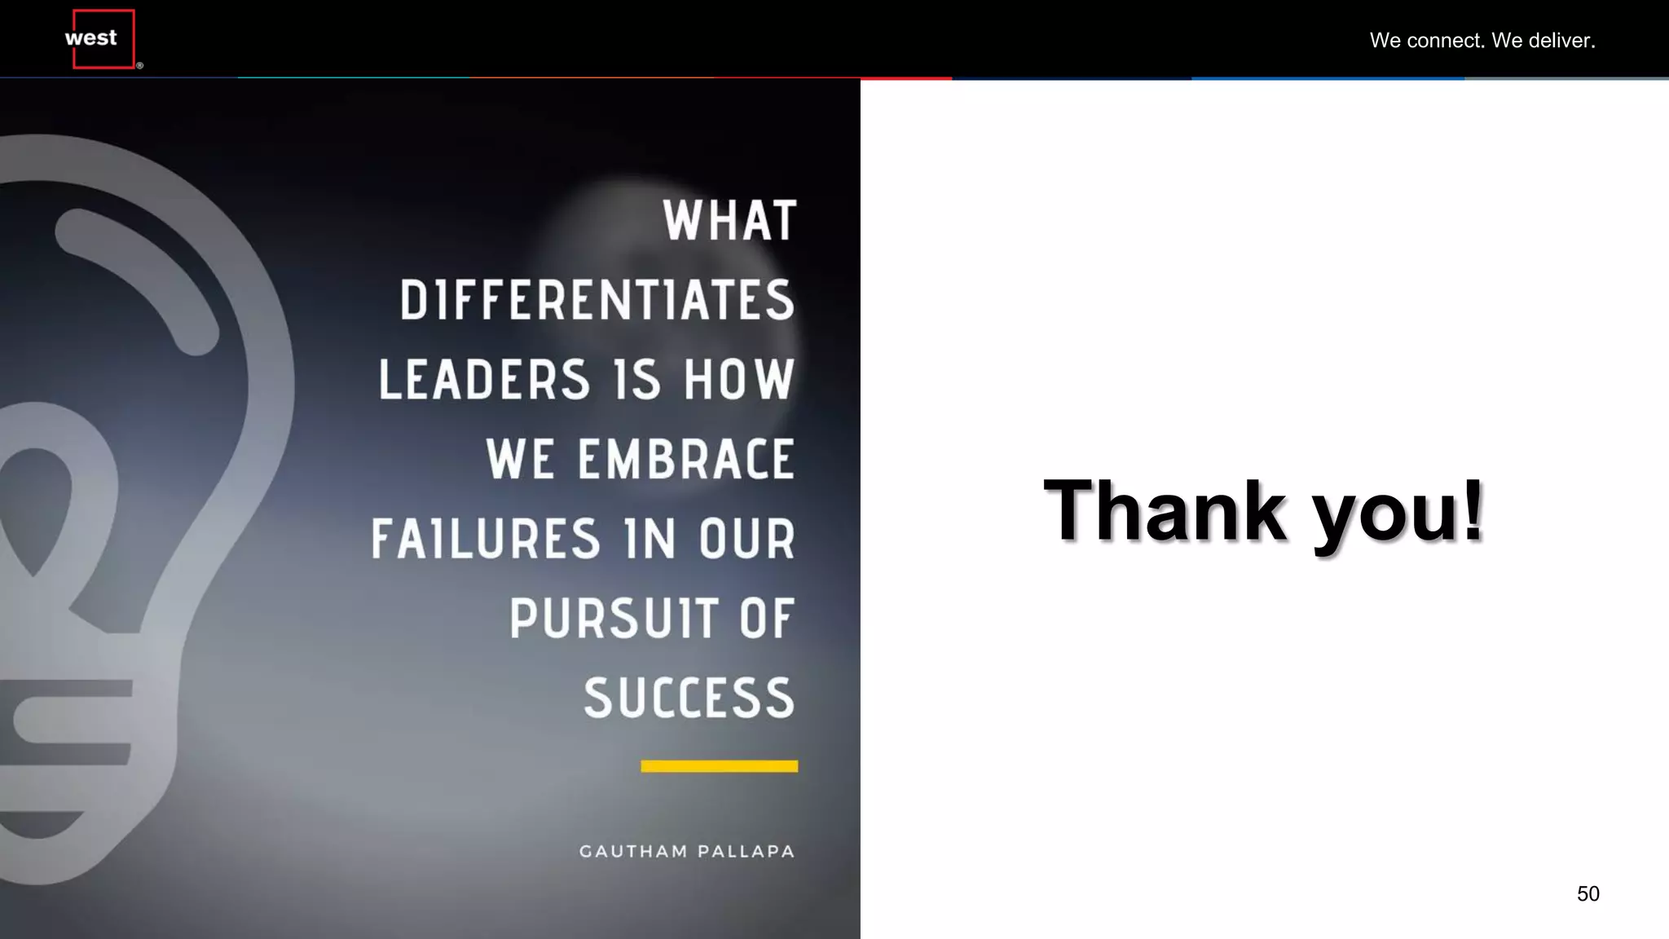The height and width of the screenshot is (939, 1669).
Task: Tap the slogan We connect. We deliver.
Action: coord(1482,41)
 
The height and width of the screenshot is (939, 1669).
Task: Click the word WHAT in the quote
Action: coord(729,221)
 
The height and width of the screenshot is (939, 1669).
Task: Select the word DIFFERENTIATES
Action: coord(597,300)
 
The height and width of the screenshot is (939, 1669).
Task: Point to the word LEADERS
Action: coord(484,380)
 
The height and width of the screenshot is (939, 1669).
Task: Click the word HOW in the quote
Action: coord(738,380)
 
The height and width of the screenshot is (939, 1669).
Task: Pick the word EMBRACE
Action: coord(685,459)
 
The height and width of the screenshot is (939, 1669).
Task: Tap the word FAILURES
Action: coord(486,539)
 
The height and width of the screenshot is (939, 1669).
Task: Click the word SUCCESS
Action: coord(689,698)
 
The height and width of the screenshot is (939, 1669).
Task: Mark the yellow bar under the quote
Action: coord(719,766)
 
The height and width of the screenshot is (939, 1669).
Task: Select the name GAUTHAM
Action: coord(633,852)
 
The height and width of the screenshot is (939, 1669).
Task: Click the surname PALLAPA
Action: coord(746,852)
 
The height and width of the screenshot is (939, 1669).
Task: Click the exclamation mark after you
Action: coord(1473,509)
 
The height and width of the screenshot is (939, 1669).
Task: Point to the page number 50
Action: coord(1588,894)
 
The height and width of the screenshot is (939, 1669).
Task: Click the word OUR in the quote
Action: coord(746,539)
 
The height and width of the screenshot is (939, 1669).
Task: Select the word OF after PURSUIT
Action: coord(765,618)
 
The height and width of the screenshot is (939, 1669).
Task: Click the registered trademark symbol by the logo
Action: coord(140,66)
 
